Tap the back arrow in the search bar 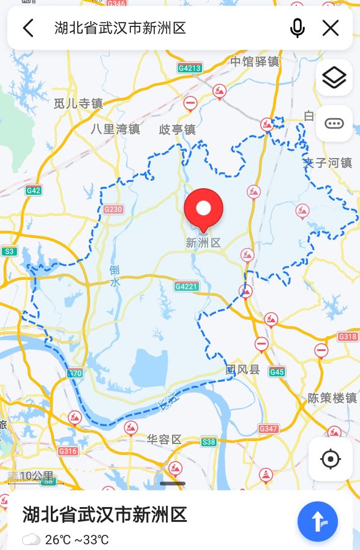[28, 28]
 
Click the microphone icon [298, 28]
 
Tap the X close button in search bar [331, 28]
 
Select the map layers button [334, 77]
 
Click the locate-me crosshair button [331, 459]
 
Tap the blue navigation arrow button [317, 521]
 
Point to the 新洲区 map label [203, 243]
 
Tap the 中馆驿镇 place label [255, 61]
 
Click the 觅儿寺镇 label [78, 104]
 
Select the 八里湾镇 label [115, 129]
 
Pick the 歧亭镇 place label [177, 129]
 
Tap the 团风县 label [243, 369]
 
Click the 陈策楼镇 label [332, 397]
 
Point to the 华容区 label [164, 439]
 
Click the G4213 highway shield [190, 68]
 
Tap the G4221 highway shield [186, 286]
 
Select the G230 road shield [113, 209]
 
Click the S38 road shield [209, 441]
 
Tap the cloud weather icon [31, 540]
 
